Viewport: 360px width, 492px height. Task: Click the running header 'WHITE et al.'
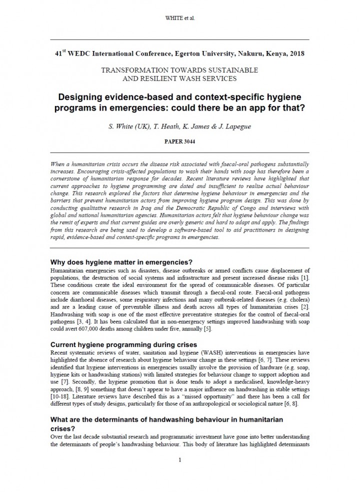coord(179,18)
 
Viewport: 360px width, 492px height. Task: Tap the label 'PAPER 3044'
coord(179,141)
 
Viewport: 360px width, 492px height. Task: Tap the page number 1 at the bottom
coord(179,460)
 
